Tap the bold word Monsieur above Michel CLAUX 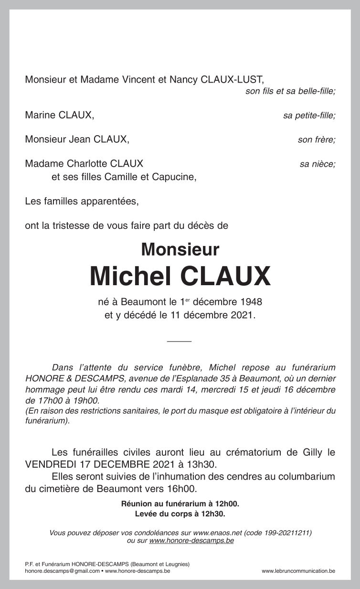(x=180, y=249)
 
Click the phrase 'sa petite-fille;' (x=309, y=116)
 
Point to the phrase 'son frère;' (x=316, y=140)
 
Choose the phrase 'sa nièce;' (x=317, y=164)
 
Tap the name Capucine (x=174, y=177)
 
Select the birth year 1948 (x=251, y=302)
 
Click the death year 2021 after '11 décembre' (x=244, y=315)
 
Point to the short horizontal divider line (x=180, y=341)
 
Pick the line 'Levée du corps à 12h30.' (x=180, y=514)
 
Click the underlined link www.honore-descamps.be (x=191, y=541)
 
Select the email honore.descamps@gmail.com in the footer (x=63, y=571)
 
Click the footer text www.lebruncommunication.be (x=298, y=571)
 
